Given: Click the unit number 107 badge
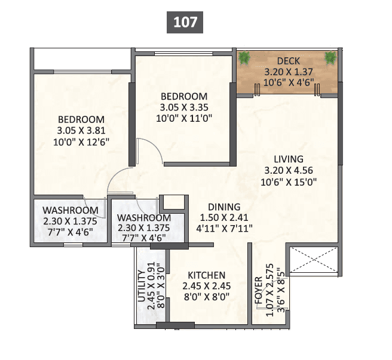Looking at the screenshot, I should [185, 23].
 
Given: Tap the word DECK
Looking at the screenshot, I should [288, 61].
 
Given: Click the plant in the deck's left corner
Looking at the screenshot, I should [244, 58].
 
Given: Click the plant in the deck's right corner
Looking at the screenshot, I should [330, 58].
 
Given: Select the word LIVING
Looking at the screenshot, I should [289, 159].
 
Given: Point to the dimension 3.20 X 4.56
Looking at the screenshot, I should [289, 170].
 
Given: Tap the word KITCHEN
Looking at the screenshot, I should [207, 275].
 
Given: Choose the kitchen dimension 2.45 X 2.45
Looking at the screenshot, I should [207, 286].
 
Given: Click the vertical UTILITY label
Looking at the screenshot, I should [142, 288].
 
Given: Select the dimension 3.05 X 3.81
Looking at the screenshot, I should [81, 130].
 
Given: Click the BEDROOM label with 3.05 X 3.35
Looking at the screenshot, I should [183, 96].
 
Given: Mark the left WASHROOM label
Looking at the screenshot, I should [70, 211].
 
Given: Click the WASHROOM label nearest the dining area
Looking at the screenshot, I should [144, 218].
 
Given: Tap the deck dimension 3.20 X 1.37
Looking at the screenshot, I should [288, 72].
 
